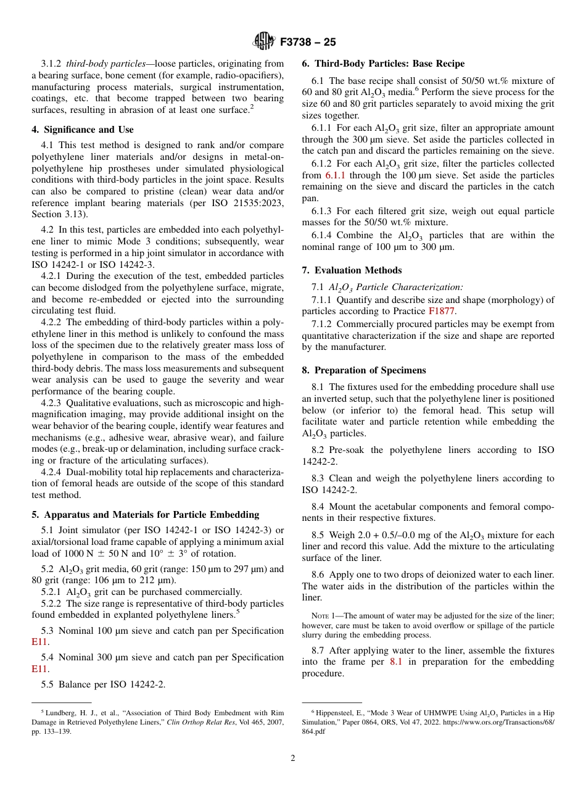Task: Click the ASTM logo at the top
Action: click(263, 42)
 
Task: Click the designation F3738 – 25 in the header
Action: click(307, 43)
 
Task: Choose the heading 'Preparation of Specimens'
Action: click(369, 370)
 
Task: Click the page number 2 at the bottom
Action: click(293, 758)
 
